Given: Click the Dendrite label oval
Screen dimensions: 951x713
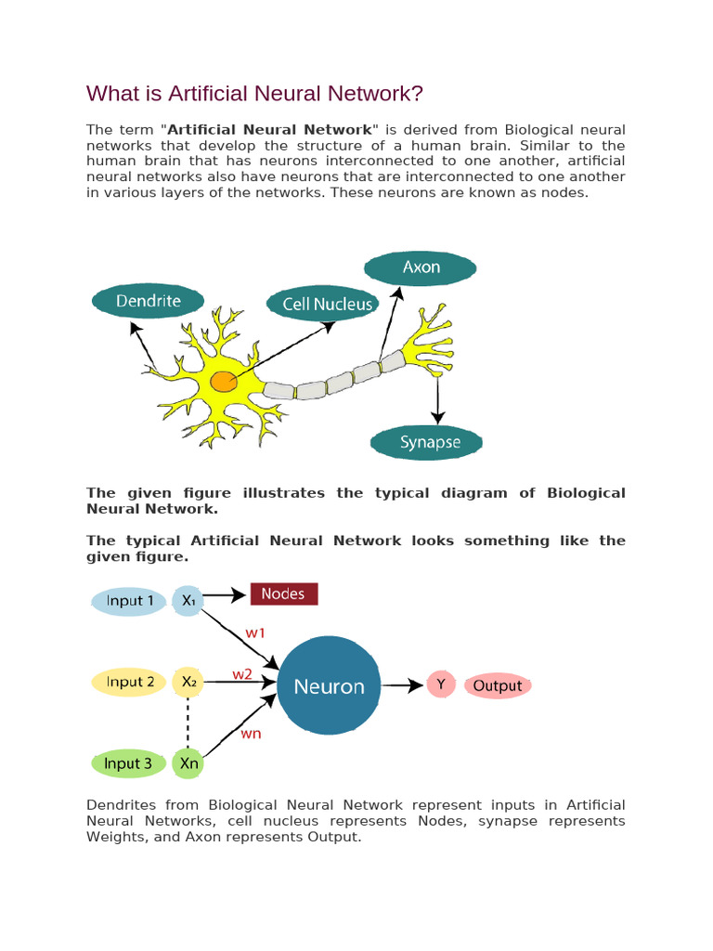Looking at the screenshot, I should click(x=149, y=301).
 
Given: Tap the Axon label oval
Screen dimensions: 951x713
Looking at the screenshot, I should click(x=421, y=267).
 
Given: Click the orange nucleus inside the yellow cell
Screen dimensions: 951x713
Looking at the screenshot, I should click(x=223, y=381).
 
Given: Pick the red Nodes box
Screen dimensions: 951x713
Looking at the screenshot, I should click(x=283, y=593).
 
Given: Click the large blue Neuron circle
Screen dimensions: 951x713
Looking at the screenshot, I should click(x=329, y=686).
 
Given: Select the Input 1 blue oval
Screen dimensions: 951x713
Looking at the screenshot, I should click(x=130, y=601).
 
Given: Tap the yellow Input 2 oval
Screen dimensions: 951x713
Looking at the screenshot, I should click(x=130, y=683).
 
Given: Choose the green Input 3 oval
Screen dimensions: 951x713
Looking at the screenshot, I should click(x=128, y=764).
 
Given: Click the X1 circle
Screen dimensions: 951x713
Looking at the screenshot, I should click(x=188, y=601).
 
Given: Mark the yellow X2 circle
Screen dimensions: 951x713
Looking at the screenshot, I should click(x=188, y=683).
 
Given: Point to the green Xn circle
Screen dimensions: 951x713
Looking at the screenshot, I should click(x=188, y=764).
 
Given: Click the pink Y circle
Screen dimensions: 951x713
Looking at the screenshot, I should click(x=440, y=686).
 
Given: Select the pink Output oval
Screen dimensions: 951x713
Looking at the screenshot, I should click(x=498, y=686).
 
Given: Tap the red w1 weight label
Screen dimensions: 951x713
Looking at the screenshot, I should click(x=255, y=632).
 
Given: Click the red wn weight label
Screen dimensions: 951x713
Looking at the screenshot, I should click(x=252, y=734).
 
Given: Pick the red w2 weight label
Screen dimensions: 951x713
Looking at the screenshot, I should click(x=242, y=674).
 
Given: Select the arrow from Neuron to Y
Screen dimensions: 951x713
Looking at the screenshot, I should click(x=402, y=686).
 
